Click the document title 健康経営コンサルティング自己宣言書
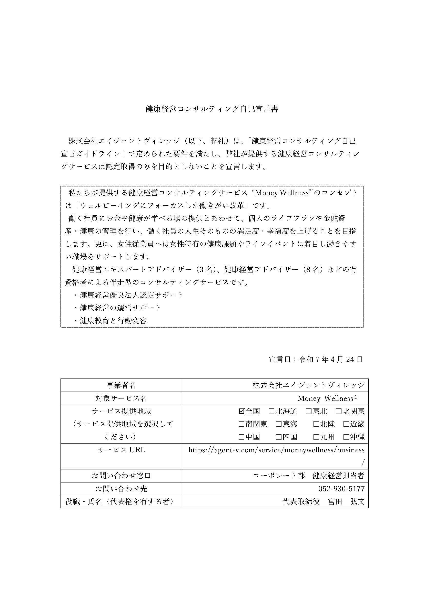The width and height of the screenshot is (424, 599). [x=212, y=109]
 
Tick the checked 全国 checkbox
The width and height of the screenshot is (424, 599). [x=241, y=412]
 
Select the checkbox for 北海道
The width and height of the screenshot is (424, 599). [x=271, y=412]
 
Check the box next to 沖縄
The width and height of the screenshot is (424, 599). [x=346, y=437]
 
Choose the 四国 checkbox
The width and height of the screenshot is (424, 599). [x=279, y=437]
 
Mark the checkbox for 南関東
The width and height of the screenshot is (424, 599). [x=241, y=424]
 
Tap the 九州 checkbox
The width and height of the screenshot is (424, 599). [x=316, y=437]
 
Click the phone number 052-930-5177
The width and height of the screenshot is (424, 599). [x=341, y=488]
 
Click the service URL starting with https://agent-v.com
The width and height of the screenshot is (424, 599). [x=276, y=450]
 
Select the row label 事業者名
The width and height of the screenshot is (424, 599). [x=121, y=385]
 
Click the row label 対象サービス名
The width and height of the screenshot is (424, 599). [x=121, y=398]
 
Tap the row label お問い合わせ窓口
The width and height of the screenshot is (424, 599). [x=121, y=476]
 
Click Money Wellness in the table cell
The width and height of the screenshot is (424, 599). [x=327, y=398]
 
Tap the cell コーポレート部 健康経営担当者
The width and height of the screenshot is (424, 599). [x=309, y=476]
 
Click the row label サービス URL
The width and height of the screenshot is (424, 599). [x=121, y=450]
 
